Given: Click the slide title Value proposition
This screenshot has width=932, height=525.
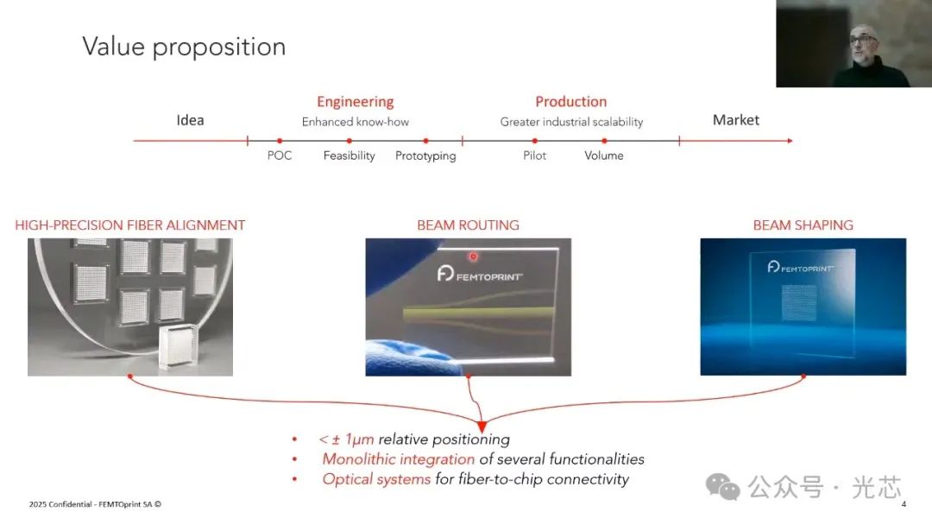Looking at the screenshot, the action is pos(184,47).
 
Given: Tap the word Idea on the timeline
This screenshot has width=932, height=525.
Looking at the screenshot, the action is pos(190,120).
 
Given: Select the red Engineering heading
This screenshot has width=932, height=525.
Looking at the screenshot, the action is pos(355,102).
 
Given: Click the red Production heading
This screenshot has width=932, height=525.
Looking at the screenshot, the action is pos(570,102).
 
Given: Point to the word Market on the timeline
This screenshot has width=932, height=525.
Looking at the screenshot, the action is pos(735,120).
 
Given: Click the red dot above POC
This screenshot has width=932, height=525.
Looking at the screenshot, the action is pos(280,141).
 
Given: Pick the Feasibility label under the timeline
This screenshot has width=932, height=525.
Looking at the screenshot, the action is pos(349,156).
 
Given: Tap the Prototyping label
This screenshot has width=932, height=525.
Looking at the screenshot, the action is pos(425,156).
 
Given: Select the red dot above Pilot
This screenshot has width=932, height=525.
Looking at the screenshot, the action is pos(534,141).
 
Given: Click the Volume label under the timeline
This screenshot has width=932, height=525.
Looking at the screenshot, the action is pos(603,156).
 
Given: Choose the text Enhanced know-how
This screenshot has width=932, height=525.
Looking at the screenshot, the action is pos(355,123).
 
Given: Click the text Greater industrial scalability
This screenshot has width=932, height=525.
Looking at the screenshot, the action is pos(571,123).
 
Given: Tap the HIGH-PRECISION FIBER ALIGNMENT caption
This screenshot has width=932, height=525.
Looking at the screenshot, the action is pos(130,225).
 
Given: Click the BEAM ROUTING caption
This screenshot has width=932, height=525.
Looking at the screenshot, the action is pos(468,225).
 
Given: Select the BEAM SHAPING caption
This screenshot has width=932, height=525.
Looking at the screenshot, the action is pos(803,225).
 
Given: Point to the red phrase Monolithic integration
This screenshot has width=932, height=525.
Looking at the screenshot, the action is pos(398,459).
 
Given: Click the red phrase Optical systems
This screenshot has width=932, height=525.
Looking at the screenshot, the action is pos(376,479).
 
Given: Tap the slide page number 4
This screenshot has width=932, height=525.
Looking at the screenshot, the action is pos(904,504).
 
